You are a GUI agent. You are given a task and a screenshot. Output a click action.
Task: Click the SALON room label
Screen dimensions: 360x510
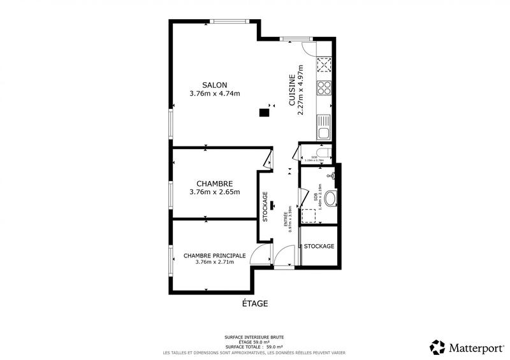tap(214, 85)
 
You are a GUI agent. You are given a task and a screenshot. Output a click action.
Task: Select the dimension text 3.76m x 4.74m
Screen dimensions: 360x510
tap(214, 94)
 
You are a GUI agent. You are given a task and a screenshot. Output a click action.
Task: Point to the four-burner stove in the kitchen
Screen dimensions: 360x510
tap(324, 88)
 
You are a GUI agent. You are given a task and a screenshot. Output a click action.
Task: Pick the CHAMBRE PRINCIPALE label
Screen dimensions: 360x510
tap(214, 256)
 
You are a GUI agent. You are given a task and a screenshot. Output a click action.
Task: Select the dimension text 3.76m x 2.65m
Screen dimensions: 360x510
tap(214, 192)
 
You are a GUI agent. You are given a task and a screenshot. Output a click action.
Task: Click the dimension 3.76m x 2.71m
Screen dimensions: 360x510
tap(214, 262)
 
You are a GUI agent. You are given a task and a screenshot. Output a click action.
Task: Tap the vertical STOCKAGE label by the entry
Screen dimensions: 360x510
tap(265, 206)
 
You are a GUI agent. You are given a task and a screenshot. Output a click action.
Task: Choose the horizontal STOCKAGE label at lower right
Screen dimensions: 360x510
tap(319, 247)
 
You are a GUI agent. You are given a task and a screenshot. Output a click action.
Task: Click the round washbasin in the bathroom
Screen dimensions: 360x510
tap(331, 199)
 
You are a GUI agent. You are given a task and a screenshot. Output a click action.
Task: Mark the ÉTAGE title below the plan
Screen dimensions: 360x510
tap(254, 304)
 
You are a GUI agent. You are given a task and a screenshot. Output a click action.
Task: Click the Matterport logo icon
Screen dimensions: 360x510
tap(437, 347)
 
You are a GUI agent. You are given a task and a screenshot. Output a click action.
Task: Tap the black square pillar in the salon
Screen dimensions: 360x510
tap(263, 113)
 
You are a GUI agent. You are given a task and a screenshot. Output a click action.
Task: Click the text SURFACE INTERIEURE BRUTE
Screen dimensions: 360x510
tap(254, 337)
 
